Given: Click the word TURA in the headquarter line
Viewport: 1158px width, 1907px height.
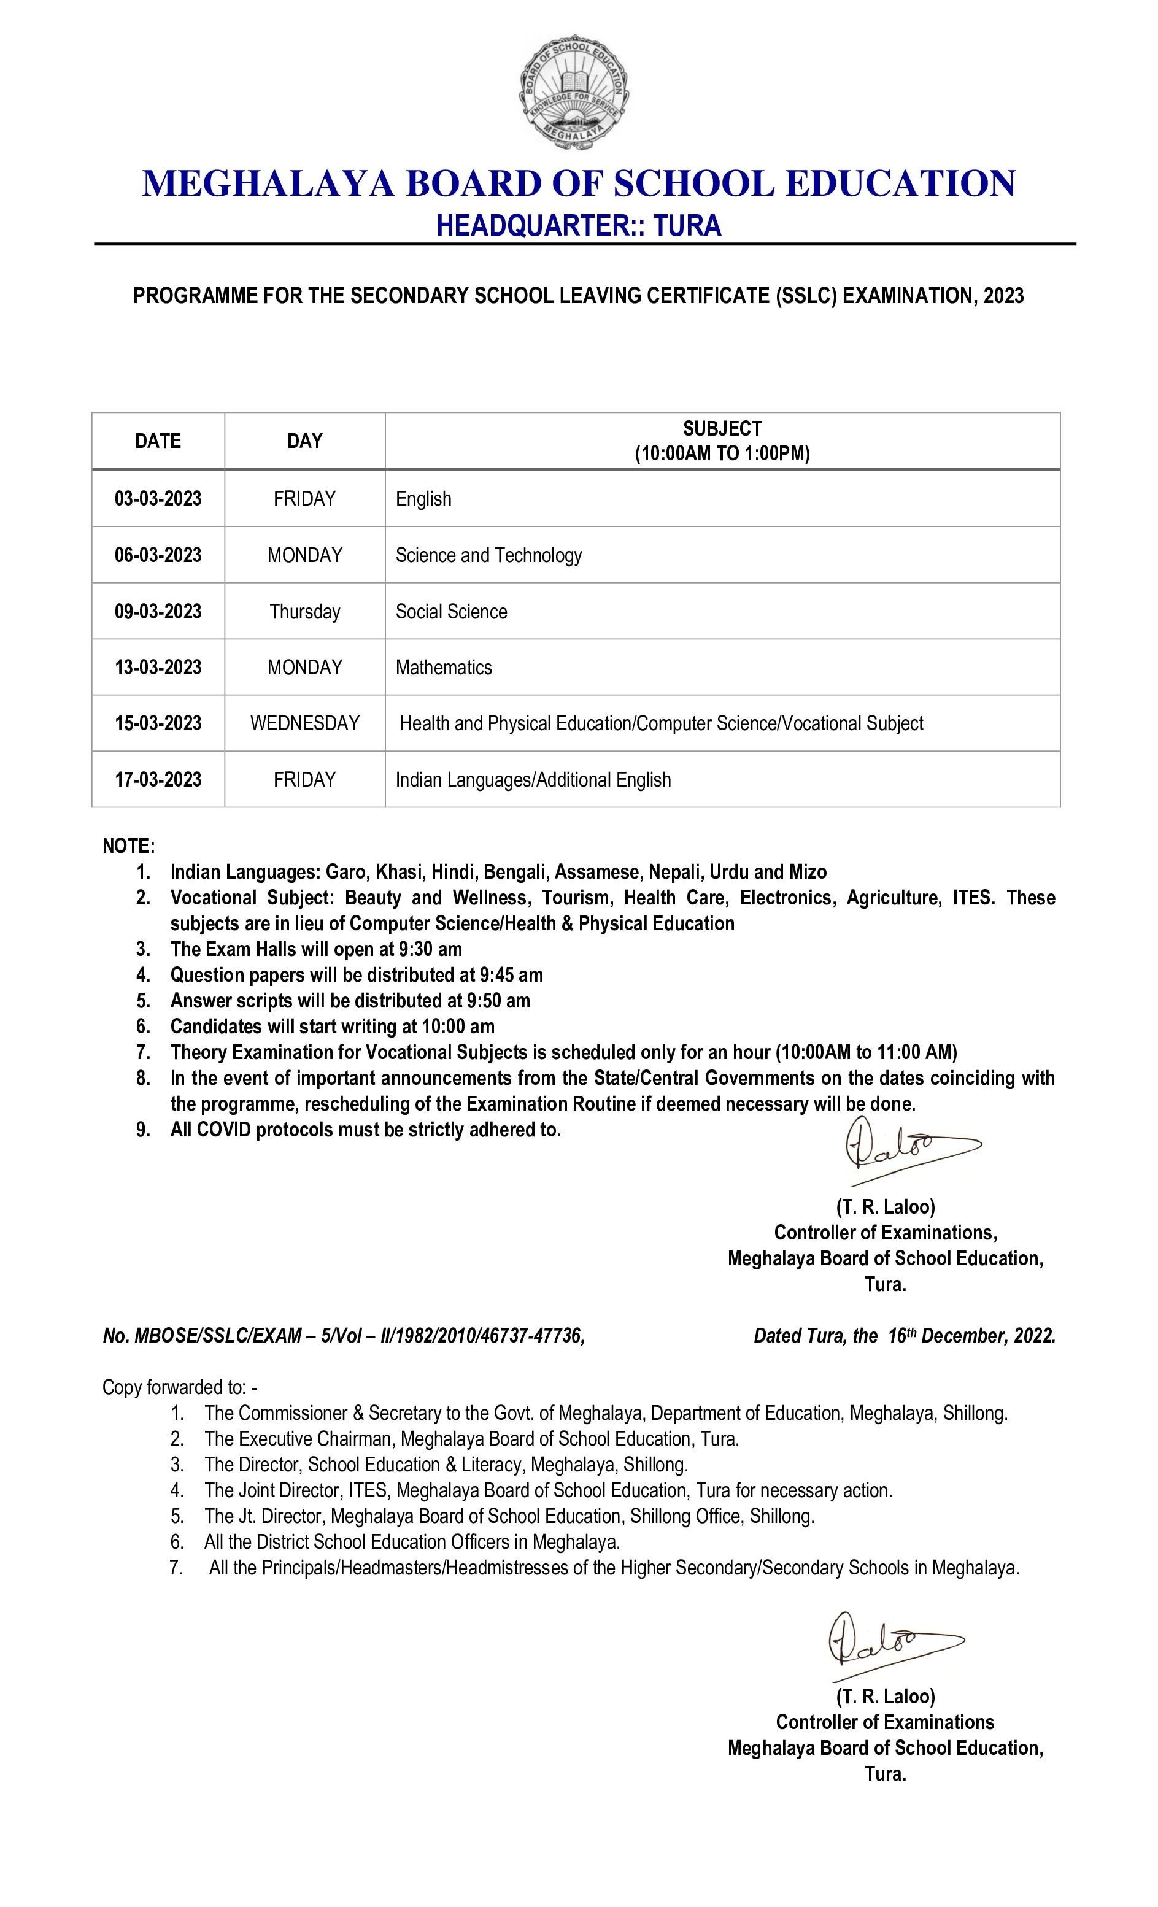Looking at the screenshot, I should coord(687,225).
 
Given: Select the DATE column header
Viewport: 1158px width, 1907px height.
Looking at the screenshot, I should coord(158,441).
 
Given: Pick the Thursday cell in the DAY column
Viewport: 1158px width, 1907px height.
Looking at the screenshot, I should coord(304,611).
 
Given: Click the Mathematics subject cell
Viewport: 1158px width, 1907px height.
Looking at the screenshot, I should coord(444,667).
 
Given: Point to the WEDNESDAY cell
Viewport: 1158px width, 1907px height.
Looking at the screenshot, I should coord(304,723).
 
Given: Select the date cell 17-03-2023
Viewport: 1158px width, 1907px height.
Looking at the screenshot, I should coord(158,779).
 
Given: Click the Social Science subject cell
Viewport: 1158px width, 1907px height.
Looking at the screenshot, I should coord(451,611).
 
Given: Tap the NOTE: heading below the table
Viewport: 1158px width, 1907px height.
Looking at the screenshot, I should coord(128,846).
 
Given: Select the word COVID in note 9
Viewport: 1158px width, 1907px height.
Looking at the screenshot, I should coord(224,1129).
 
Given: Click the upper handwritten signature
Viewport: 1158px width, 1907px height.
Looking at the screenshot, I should coord(906,1148).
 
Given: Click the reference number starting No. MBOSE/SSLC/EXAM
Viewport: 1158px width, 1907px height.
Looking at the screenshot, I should coord(343,1335).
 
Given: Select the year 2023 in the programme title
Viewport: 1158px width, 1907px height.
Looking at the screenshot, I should coord(1004,296).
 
